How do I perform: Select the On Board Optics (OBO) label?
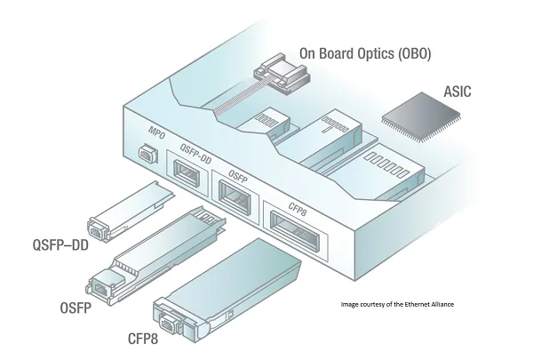click(365, 54)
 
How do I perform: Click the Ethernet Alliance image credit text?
click(397, 305)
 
